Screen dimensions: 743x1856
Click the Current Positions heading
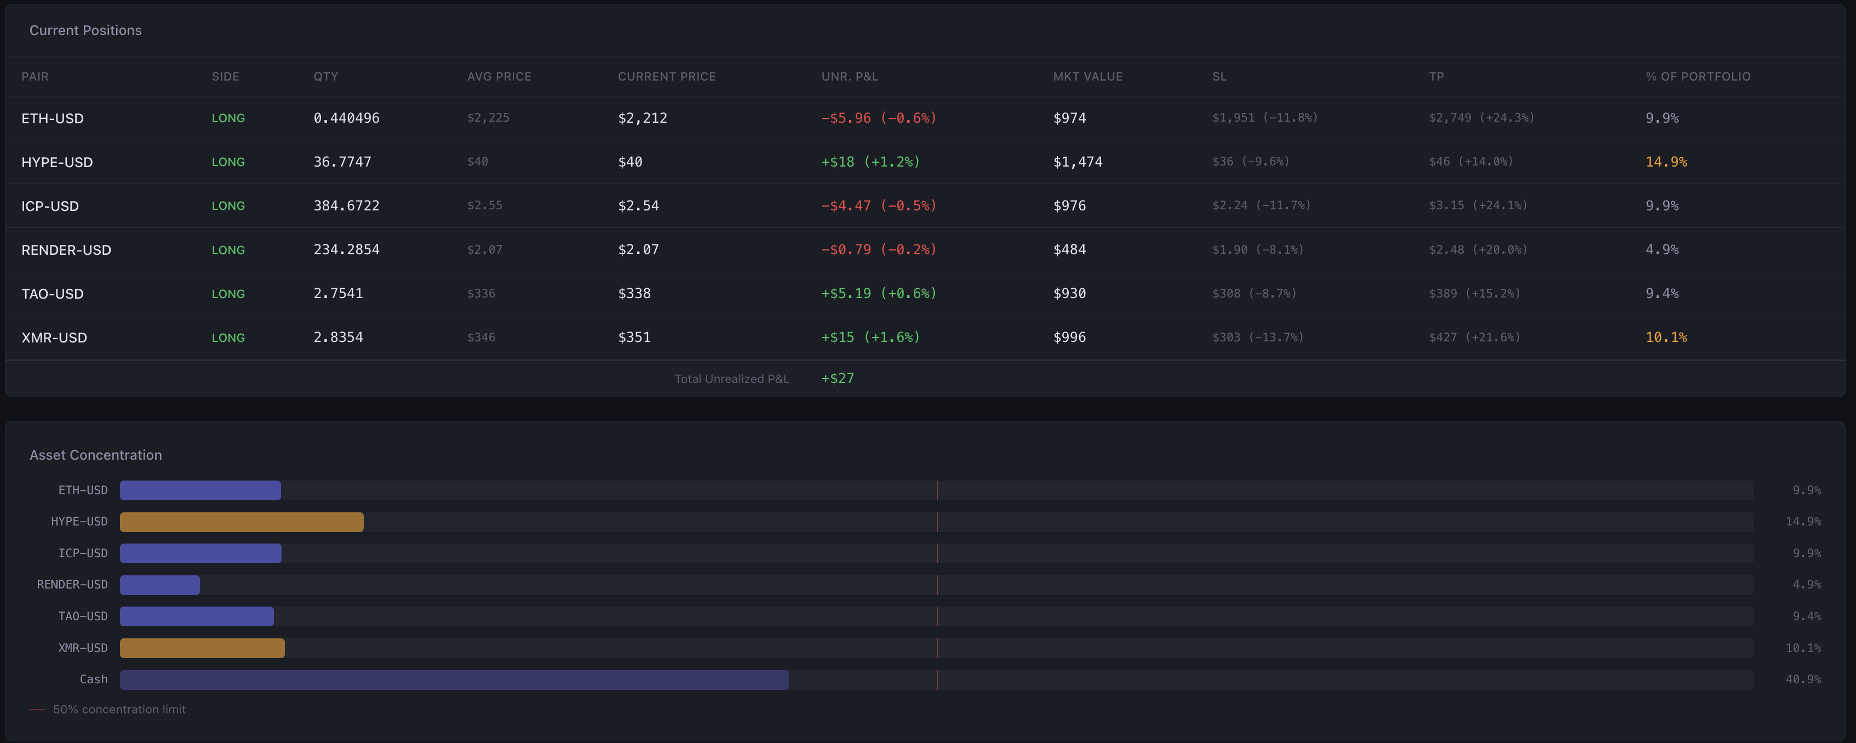click(85, 30)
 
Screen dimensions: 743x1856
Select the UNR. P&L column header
click(850, 76)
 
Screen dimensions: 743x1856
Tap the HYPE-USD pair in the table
click(57, 162)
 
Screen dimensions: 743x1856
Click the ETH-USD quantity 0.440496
click(346, 117)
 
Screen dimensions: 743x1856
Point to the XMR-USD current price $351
click(634, 338)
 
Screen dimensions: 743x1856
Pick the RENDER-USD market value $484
click(1069, 249)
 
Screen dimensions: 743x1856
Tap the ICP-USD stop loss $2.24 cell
click(1261, 205)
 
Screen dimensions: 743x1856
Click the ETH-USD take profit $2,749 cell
click(1481, 117)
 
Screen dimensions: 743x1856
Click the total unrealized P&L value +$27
click(837, 378)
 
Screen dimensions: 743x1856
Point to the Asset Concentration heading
click(95, 455)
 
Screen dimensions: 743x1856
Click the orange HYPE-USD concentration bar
click(242, 522)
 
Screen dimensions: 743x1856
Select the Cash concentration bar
click(454, 679)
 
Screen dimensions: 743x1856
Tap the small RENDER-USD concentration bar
click(159, 585)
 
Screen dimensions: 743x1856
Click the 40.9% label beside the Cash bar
click(1803, 679)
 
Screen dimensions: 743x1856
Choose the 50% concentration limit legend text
click(119, 709)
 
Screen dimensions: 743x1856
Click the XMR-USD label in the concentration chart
click(82, 648)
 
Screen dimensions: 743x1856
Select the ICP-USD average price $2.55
click(484, 205)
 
